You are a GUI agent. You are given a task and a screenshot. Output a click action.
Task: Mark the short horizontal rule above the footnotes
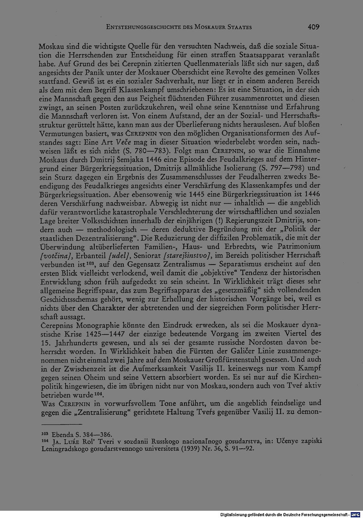[62, 424]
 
